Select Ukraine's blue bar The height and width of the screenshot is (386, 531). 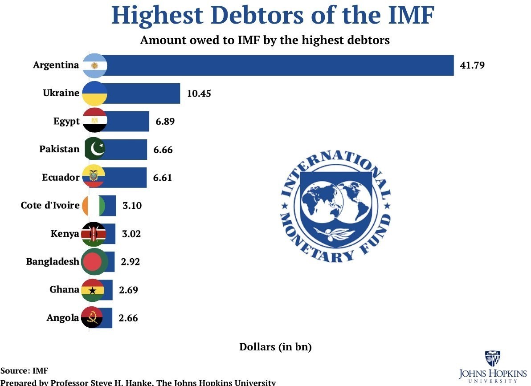click(x=143, y=93)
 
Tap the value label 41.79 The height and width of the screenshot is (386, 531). click(x=472, y=65)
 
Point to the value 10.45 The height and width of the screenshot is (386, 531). click(x=199, y=93)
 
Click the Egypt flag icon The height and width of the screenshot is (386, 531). click(x=94, y=121)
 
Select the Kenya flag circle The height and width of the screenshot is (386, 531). click(x=94, y=234)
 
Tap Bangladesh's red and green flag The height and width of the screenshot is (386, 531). click(x=94, y=262)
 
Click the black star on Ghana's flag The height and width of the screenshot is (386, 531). click(x=92, y=291)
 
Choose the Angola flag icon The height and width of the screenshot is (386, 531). click(x=92, y=318)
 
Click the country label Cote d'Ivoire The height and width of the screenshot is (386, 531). click(x=50, y=206)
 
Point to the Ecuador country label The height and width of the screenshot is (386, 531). click(x=60, y=177)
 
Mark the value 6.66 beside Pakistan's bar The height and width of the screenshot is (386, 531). click(x=163, y=150)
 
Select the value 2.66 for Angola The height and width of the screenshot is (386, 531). click(x=128, y=318)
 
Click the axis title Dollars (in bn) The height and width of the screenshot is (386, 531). click(x=275, y=347)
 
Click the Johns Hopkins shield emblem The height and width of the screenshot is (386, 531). click(x=492, y=358)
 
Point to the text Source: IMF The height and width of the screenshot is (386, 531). click(x=24, y=370)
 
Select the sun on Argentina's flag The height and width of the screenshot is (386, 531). click(x=94, y=66)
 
